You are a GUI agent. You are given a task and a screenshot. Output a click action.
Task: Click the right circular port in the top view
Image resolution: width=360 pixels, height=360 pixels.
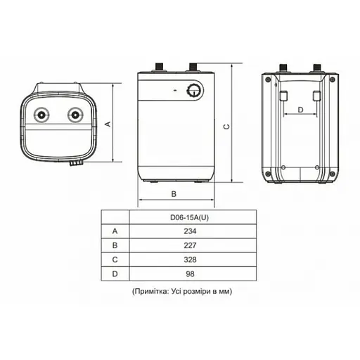tap(74, 115)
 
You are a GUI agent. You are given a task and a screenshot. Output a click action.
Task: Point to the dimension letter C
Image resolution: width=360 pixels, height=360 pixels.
tap(226, 127)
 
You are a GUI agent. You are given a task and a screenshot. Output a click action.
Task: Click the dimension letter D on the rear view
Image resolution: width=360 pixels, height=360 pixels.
tap(300, 110)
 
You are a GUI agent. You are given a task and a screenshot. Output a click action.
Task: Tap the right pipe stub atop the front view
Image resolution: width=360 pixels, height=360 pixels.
tap(191, 67)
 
